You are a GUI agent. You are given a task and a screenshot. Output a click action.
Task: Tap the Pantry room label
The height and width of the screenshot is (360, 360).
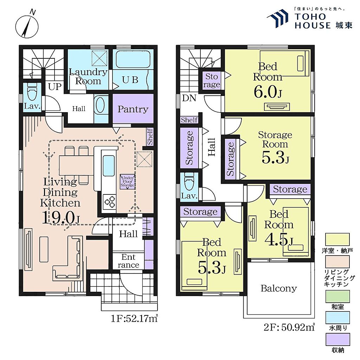pyautogui.click(x=133, y=109)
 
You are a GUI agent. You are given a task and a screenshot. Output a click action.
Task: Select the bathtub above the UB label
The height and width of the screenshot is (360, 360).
pyautogui.click(x=133, y=59)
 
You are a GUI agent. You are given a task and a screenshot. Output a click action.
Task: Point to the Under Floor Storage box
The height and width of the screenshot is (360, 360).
pyautogui.click(x=128, y=182)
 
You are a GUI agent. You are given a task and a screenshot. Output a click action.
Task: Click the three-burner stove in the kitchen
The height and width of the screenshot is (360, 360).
pyautogui.click(x=109, y=201)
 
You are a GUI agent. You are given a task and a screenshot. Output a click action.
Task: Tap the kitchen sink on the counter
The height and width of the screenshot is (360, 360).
pyautogui.click(x=109, y=166)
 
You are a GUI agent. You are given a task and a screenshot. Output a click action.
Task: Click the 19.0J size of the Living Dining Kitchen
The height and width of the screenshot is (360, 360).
pyautogui.click(x=61, y=217)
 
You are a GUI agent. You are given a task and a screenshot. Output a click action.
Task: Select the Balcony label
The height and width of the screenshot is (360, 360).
pyautogui.click(x=279, y=288)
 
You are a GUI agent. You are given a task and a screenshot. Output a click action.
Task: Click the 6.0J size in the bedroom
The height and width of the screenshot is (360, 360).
pyautogui.click(x=268, y=92)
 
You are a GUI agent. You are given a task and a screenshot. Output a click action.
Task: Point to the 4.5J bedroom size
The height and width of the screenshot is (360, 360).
pyautogui.click(x=279, y=240)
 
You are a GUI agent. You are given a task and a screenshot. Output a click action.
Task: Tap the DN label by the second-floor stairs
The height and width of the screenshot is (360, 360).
pyautogui.click(x=189, y=98)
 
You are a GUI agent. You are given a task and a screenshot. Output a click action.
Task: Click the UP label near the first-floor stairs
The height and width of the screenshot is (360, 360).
pyautogui.click(x=54, y=87)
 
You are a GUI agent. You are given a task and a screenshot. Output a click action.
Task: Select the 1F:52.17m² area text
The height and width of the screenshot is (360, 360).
pyautogui.click(x=134, y=319)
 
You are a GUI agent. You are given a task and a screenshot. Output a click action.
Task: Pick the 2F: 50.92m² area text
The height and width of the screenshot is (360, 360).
pyautogui.click(x=289, y=327)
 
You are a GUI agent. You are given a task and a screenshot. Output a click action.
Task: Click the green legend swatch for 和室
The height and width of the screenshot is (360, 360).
pyautogui.click(x=337, y=296)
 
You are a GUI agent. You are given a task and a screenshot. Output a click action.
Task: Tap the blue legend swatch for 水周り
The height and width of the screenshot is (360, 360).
pyautogui.click(x=337, y=317)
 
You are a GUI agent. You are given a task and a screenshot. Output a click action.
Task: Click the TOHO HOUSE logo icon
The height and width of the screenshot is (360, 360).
pyautogui.click(x=278, y=19)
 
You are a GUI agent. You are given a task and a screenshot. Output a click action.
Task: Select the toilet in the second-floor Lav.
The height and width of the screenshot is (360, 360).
pyautogui.click(x=189, y=182)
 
